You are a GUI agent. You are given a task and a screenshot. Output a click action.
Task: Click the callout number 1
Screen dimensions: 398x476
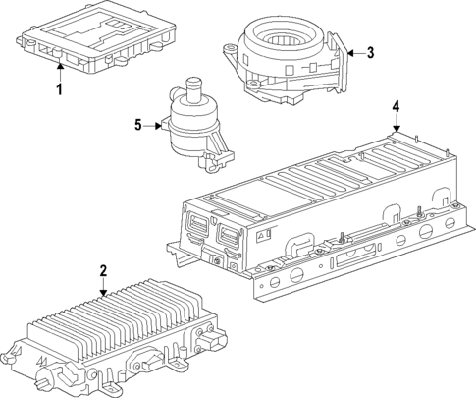(58, 91)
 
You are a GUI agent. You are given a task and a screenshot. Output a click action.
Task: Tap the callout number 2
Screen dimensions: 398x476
(103, 269)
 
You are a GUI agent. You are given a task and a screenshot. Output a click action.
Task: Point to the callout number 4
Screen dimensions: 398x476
(396, 106)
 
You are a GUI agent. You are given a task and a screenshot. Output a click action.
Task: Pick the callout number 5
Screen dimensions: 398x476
(138, 125)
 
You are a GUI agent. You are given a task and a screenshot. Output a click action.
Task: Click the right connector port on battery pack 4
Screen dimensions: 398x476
(229, 236)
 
